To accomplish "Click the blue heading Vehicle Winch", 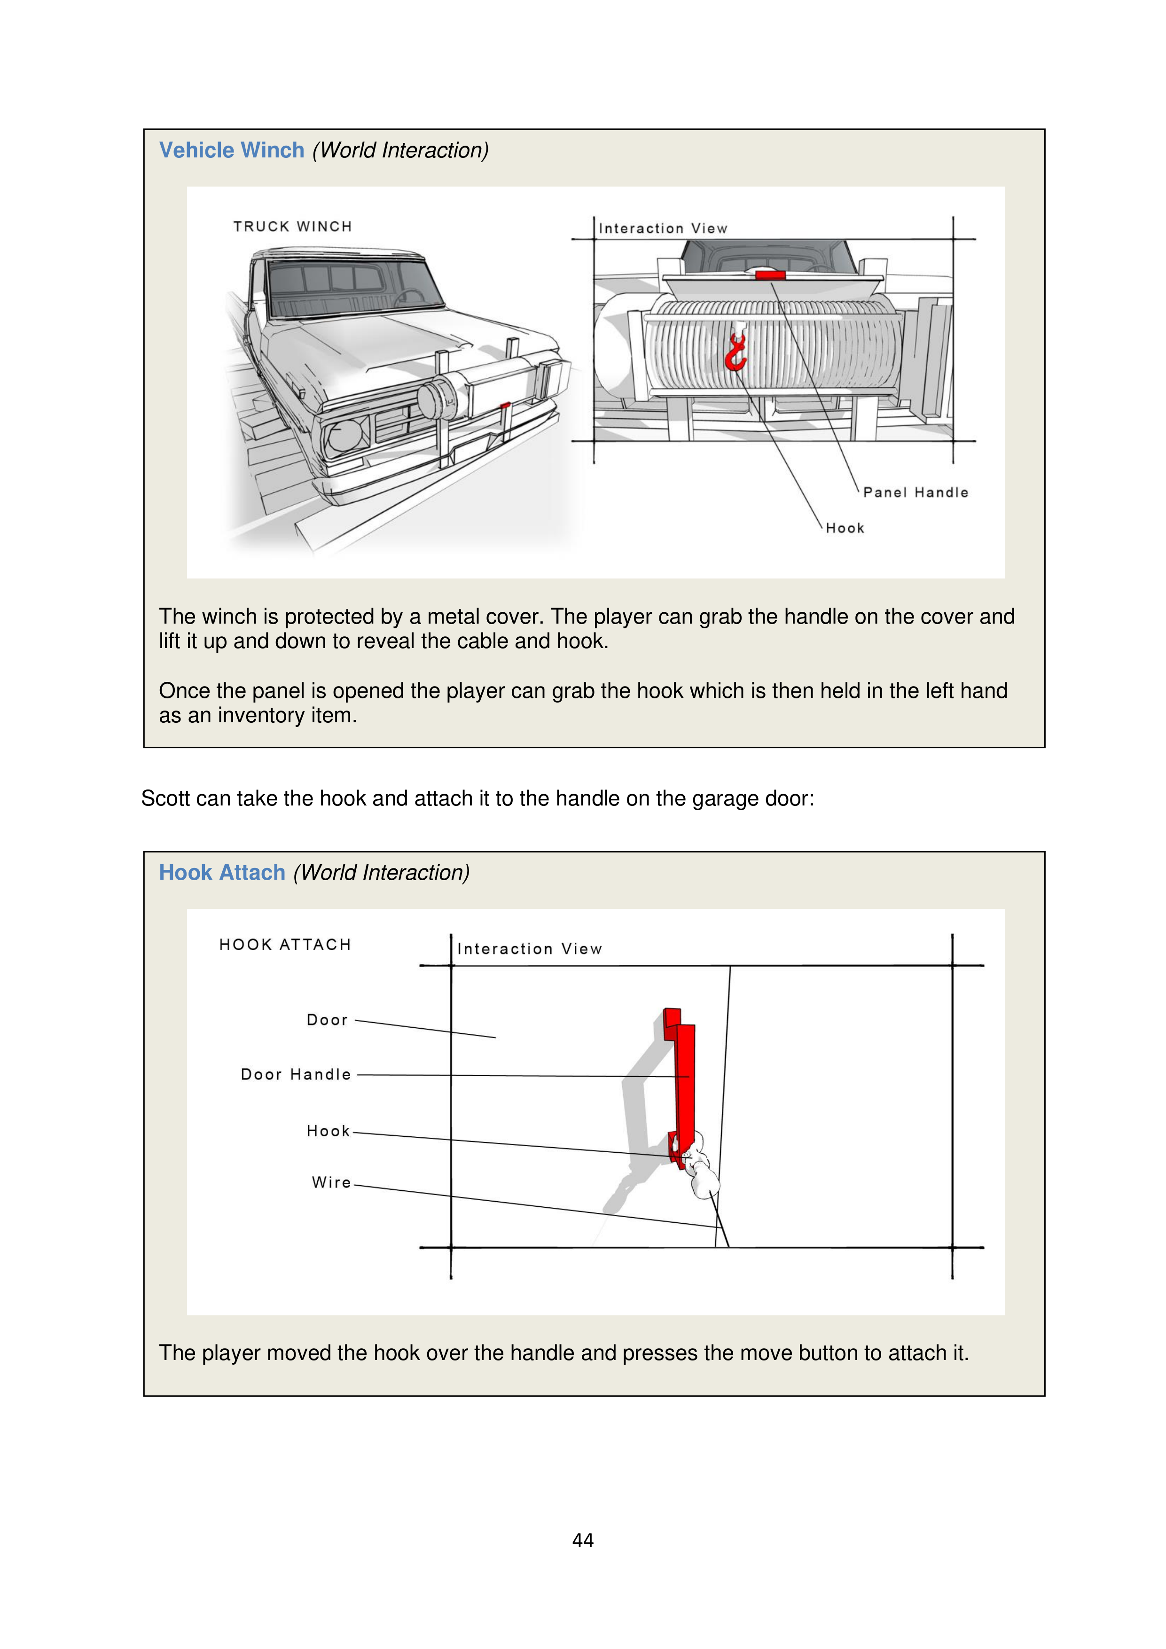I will click(x=231, y=150).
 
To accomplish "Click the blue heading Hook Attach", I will click(x=222, y=873).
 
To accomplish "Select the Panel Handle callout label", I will click(x=916, y=492).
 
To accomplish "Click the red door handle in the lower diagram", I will click(x=685, y=1085).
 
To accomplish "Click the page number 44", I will click(x=583, y=1540).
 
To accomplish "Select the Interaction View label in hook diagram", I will click(x=530, y=949).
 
